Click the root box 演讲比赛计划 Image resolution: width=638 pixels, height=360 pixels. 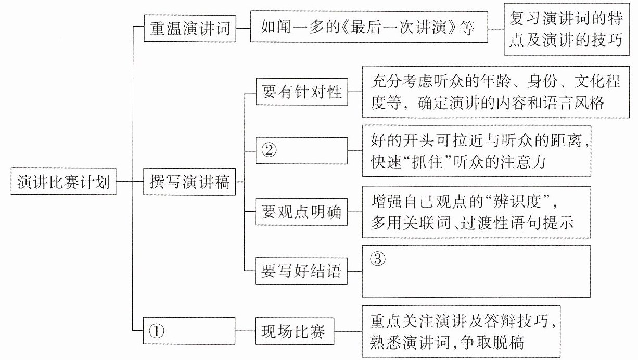pos(63,182)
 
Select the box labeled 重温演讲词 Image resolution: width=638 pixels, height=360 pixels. pos(190,28)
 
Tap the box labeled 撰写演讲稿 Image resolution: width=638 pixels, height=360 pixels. pos(189,182)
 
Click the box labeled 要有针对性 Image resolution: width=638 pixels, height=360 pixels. pos(302,92)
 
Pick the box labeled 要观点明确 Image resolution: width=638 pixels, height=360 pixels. pos(301,212)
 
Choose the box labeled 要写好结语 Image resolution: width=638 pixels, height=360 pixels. pos(301,271)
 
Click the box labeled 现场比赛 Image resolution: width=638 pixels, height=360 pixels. pos(294,331)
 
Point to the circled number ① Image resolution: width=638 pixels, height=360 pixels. pos(157,331)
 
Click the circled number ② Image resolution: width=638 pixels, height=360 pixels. pos(269,151)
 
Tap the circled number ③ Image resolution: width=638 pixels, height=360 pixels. pos(378,259)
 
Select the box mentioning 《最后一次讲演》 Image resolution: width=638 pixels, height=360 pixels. pos(369,27)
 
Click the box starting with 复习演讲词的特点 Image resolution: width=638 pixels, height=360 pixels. pos(567,29)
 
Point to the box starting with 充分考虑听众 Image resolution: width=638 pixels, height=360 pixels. pos(496,92)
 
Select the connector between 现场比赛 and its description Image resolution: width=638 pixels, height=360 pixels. pos(348,331)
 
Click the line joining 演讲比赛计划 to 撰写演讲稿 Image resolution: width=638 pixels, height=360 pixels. pos(130,182)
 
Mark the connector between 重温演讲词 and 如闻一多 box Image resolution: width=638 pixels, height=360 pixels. pos(243,28)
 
